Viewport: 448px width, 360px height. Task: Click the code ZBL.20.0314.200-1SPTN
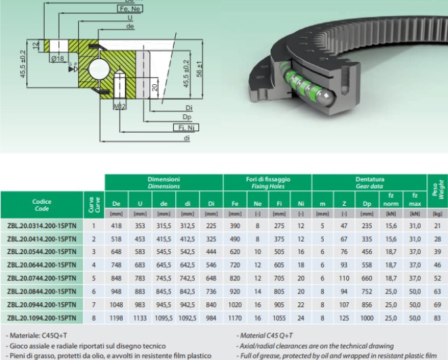tap(41, 226)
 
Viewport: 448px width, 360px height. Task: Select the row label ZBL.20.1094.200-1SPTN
tap(41, 318)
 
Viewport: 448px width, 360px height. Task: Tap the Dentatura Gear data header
tap(369, 183)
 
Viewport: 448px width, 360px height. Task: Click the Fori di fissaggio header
tap(267, 183)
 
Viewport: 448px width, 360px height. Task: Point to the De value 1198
tap(116, 318)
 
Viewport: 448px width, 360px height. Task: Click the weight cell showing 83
tap(436, 318)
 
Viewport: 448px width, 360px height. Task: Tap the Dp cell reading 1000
tap(367, 318)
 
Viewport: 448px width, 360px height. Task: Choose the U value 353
tap(140, 226)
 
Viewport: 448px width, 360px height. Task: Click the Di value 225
tap(211, 226)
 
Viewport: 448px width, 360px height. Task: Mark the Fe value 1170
tap(235, 318)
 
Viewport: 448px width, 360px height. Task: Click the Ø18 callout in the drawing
tap(58, 58)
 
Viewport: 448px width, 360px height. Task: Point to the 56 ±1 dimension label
tap(199, 70)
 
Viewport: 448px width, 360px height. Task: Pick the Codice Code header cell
tap(41, 205)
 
